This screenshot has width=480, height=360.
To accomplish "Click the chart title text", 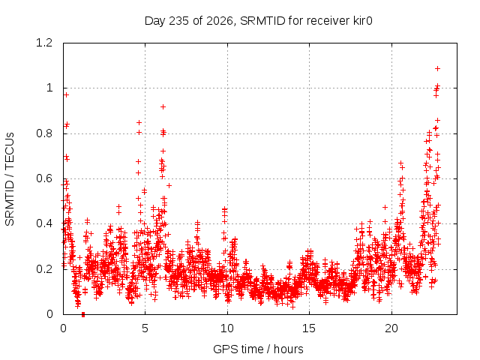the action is tap(258, 21).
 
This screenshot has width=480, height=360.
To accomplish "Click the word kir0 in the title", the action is tap(361, 21).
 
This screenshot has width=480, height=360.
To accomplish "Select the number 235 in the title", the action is tap(179, 21).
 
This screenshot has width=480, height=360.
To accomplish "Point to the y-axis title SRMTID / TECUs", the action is tap(10, 179).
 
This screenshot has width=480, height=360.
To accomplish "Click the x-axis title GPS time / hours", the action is tap(258, 349).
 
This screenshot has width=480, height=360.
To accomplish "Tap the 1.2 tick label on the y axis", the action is tap(44, 43).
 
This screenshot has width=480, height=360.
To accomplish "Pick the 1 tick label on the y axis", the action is tap(49, 88).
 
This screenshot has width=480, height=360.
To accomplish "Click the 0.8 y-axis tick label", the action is tap(44, 133).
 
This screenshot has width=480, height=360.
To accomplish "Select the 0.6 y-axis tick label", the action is tap(44, 178).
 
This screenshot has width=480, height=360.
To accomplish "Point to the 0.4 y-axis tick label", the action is tap(44, 223).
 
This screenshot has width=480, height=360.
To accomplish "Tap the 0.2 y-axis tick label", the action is tap(44, 269).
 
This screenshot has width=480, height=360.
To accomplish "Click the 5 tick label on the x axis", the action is tap(145, 328).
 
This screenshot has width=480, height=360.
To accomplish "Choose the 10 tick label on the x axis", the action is tap(227, 328).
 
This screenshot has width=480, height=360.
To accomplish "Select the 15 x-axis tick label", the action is tap(309, 328).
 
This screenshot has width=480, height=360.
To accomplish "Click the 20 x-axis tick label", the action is tap(391, 328).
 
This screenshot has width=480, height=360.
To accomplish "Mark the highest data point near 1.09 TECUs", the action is tap(438, 68).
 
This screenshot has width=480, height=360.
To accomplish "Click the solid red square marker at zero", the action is tap(83, 315).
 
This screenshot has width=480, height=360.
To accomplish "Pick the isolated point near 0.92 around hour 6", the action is tap(163, 106).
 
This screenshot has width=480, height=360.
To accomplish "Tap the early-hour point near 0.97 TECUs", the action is tap(66, 95).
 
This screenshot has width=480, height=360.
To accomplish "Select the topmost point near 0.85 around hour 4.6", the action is tap(139, 123).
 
